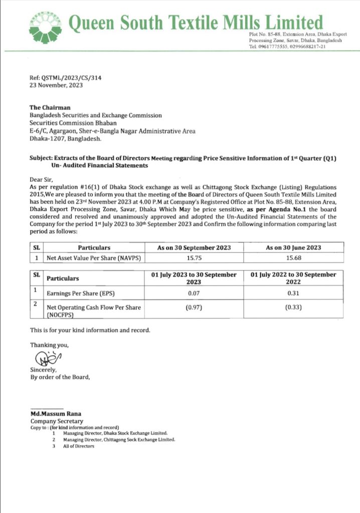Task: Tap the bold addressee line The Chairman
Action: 50,108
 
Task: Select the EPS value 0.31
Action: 293,293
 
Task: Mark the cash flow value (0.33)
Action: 293,308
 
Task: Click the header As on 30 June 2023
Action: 293,247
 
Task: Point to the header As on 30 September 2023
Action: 194,247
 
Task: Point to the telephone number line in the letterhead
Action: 287,47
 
